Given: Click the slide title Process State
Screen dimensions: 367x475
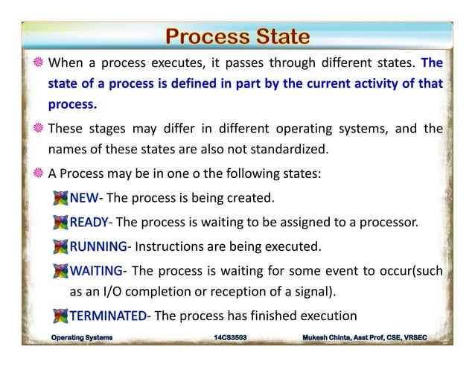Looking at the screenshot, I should (237, 36).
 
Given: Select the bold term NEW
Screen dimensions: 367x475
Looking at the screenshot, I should (83, 199).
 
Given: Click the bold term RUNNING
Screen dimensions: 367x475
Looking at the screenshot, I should (98, 245).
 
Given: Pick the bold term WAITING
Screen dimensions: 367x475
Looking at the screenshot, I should (95, 269).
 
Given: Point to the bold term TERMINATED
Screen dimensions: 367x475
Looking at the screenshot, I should (108, 315).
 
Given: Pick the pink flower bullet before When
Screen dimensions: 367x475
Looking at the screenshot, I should (38, 62).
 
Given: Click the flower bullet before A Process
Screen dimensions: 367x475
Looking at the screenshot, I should (38, 173).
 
